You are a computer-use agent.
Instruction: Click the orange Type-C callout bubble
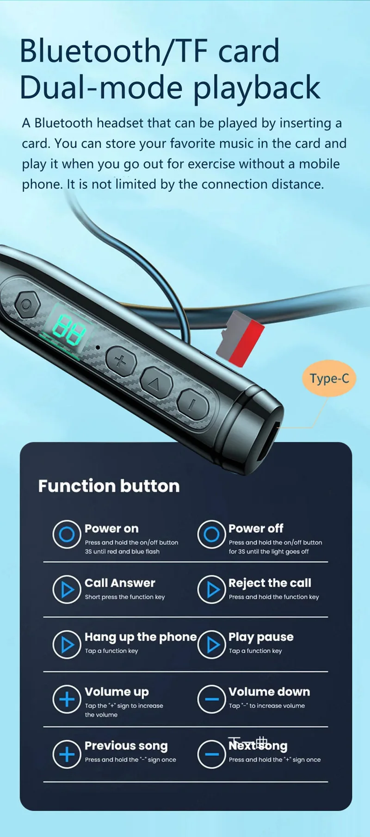(x=329, y=378)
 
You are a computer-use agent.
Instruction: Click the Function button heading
(x=109, y=486)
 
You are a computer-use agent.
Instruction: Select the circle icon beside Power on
(x=67, y=534)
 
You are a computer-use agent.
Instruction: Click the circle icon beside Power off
(x=211, y=534)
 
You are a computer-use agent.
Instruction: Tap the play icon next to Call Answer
(x=67, y=589)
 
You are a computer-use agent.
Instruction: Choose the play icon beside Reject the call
(x=211, y=589)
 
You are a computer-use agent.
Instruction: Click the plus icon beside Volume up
(x=67, y=699)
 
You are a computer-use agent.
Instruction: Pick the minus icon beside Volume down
(x=211, y=699)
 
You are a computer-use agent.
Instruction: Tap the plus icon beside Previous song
(x=67, y=754)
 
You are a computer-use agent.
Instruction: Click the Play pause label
(x=261, y=637)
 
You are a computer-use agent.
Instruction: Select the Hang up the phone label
(x=141, y=637)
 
